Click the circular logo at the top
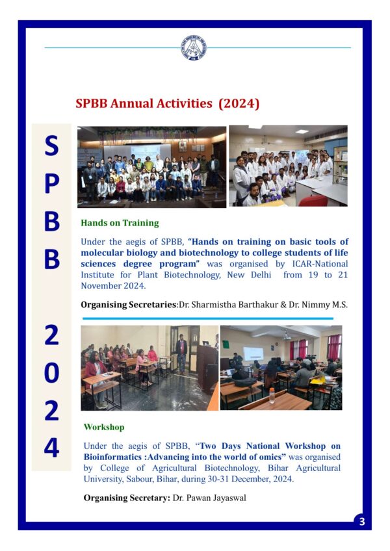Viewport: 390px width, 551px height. [x=194, y=47]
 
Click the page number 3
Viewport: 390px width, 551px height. [x=362, y=521]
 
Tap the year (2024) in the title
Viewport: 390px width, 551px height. [x=239, y=103]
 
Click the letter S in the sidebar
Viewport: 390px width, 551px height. [x=51, y=146]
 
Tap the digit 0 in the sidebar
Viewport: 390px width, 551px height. [x=51, y=374]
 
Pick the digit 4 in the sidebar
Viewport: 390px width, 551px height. [x=51, y=448]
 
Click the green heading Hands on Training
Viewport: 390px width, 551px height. [x=120, y=223]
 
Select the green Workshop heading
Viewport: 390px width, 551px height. [x=104, y=428]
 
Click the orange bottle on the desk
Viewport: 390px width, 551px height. [x=272, y=395]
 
